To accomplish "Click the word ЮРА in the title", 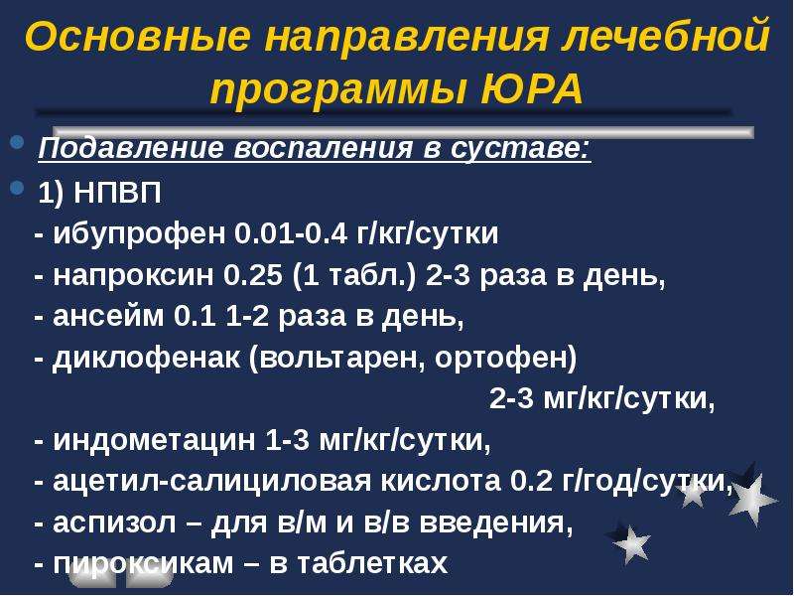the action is click(531, 90).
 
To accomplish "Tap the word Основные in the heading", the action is click(137, 36).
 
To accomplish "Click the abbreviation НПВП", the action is click(117, 193).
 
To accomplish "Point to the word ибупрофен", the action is click(139, 234).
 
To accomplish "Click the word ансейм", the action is click(109, 316).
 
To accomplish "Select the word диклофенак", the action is click(146, 358).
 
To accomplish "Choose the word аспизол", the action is click(114, 522).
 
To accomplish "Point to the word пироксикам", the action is click(143, 563).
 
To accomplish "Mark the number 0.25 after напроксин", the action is click(253, 275).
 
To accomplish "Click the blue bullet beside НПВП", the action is click(17, 188).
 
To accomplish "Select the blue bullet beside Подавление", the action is click(17, 141).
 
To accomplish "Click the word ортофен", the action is click(505, 358).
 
